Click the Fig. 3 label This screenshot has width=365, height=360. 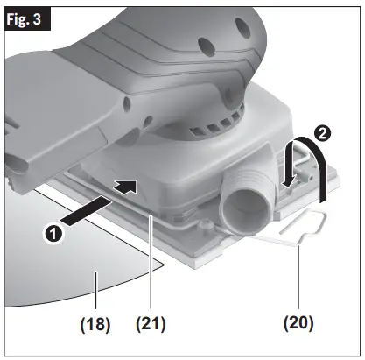tap(25, 16)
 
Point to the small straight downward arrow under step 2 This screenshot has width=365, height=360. tap(290, 172)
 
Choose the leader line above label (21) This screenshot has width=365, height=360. tap(155, 263)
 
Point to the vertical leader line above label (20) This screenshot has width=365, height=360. tap(301, 280)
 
